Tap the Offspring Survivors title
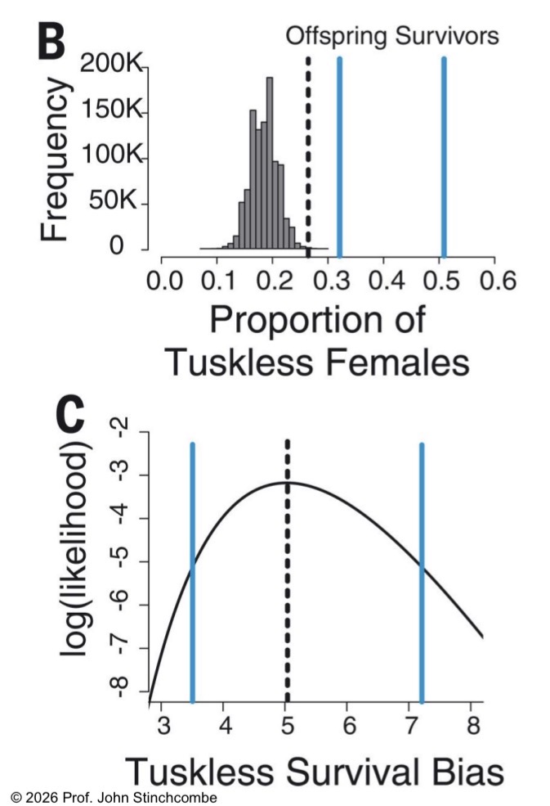pyautogui.click(x=391, y=35)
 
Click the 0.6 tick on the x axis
pyautogui.click(x=497, y=282)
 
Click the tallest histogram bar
pyautogui.click(x=270, y=164)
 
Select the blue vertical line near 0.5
pyautogui.click(x=444, y=155)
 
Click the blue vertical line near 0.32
pyautogui.click(x=339, y=155)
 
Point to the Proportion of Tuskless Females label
pyautogui.click(x=318, y=339)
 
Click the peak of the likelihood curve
pyautogui.click(x=288, y=483)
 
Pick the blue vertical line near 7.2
pyautogui.click(x=422, y=573)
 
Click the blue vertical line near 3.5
pyautogui.click(x=192, y=573)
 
